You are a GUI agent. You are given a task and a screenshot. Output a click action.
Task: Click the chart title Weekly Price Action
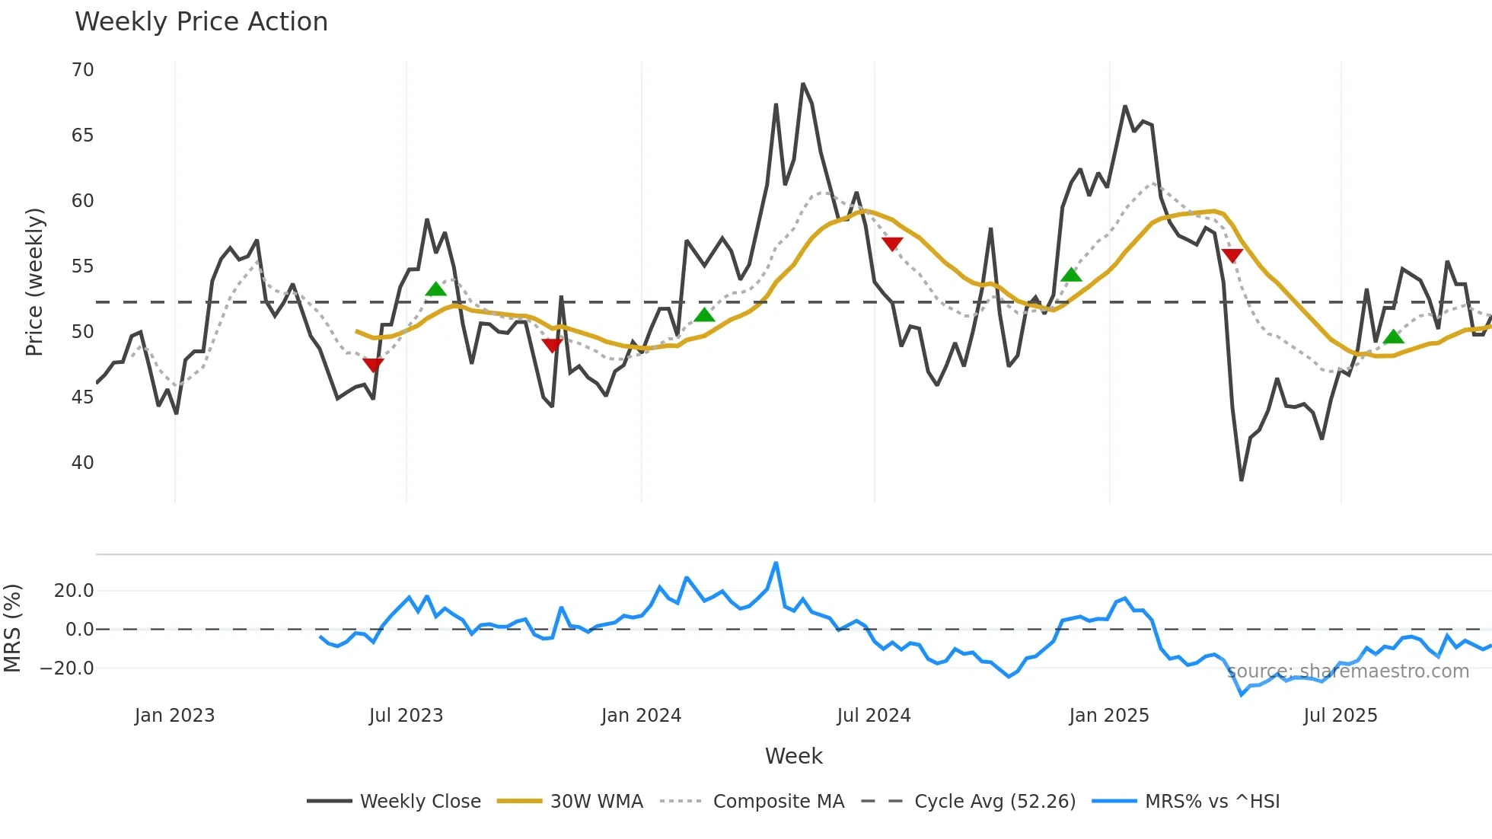(201, 22)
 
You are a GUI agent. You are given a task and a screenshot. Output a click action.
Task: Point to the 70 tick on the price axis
(82, 70)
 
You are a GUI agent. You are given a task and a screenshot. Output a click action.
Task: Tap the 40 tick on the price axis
(82, 463)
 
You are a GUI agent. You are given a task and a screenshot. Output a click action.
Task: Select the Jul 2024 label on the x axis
(873, 716)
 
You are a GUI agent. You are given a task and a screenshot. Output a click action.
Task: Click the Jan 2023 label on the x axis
(174, 716)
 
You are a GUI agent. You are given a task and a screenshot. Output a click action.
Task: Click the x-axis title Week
(793, 756)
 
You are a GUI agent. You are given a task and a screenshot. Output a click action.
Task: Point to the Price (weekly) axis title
(35, 282)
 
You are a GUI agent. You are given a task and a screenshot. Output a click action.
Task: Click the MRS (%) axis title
(13, 628)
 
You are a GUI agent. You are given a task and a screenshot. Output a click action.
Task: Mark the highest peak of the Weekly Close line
(802, 84)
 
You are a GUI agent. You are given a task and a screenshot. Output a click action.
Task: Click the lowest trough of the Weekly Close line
(1241, 480)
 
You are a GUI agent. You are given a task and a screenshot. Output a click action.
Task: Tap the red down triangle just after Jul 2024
(892, 244)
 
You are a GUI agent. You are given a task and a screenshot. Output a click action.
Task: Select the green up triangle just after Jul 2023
(435, 289)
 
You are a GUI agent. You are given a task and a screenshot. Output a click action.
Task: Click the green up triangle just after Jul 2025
(1393, 337)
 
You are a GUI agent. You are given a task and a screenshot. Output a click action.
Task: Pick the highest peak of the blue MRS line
(776, 563)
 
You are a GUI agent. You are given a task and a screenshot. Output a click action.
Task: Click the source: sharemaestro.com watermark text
(1347, 672)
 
